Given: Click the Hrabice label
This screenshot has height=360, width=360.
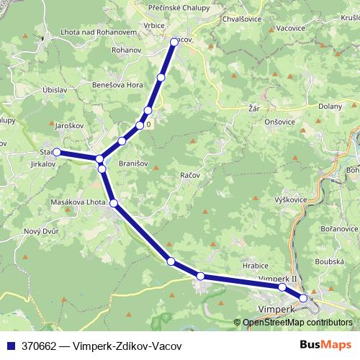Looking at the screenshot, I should click(255, 266).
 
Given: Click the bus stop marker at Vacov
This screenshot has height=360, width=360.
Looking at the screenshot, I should click(174, 42).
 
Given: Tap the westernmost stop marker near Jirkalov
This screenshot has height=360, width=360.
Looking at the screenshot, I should click(56, 152).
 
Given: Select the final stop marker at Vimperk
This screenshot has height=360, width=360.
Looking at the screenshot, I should click(303, 297).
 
